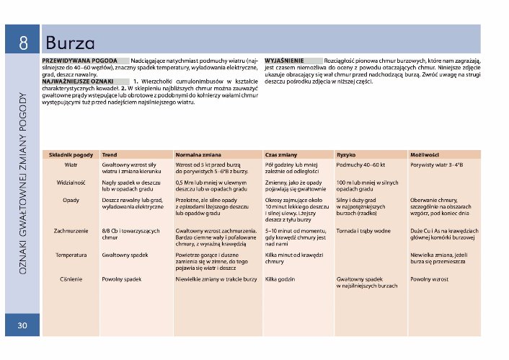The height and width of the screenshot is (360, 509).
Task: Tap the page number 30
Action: pos(22,326)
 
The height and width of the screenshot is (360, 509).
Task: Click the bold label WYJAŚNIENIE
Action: pos(284,61)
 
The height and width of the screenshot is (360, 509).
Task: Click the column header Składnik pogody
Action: pos(71,155)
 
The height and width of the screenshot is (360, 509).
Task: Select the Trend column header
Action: pos(110,155)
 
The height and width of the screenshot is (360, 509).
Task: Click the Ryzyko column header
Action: pos(346,155)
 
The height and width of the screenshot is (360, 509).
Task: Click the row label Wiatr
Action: pos(71,165)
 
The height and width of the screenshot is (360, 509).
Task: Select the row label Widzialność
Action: pos(71,183)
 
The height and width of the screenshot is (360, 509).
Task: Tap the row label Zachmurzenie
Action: pos(71,231)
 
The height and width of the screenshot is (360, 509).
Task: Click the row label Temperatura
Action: pos(71,255)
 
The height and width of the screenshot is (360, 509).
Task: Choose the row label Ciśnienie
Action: pos(71,278)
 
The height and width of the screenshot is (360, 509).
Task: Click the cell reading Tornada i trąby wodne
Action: pos(364,231)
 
